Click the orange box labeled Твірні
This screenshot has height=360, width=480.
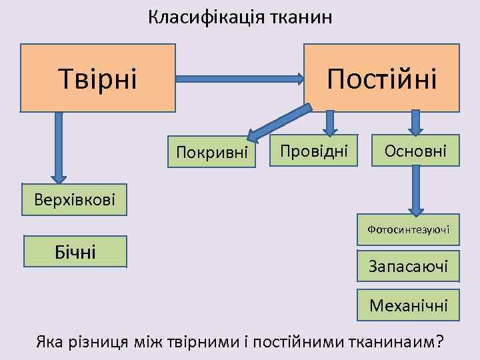(98, 77)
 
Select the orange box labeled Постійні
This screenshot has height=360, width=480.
(381, 77)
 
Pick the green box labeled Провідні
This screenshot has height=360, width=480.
(314, 151)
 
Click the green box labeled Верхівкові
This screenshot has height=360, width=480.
(73, 199)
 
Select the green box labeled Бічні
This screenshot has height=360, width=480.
(75, 251)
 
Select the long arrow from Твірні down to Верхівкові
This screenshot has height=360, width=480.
(59, 147)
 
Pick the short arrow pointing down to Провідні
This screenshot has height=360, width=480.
(329, 122)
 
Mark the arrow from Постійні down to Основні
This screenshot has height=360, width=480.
(416, 122)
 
